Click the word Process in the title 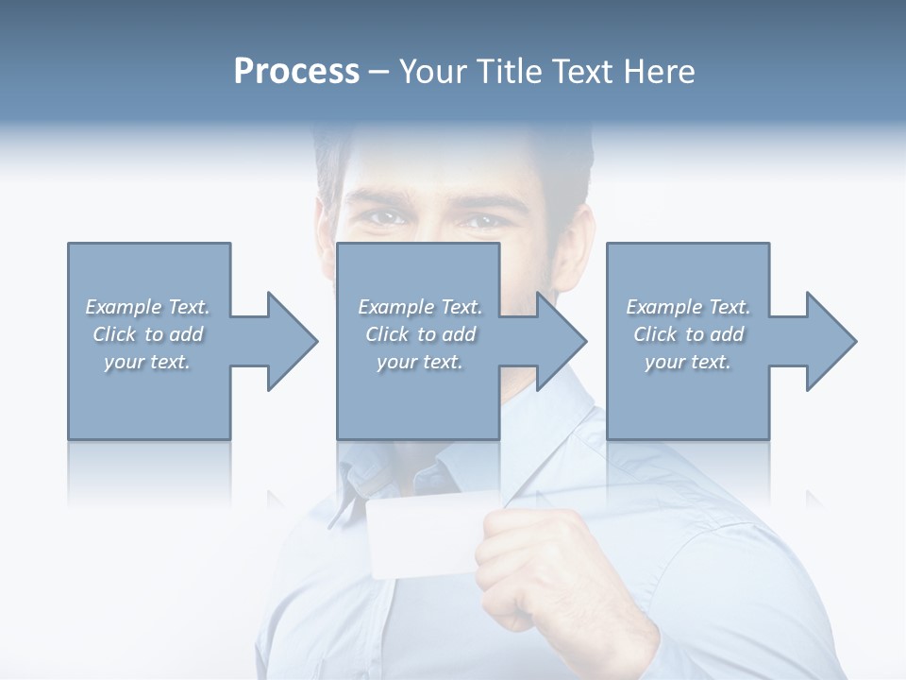point(296,72)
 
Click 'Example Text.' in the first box point(147,307)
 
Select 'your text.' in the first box point(147,362)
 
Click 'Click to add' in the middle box point(420,334)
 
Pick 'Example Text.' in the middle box point(420,307)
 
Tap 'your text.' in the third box point(688,362)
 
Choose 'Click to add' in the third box point(688,334)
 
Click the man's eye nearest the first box point(387,218)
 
